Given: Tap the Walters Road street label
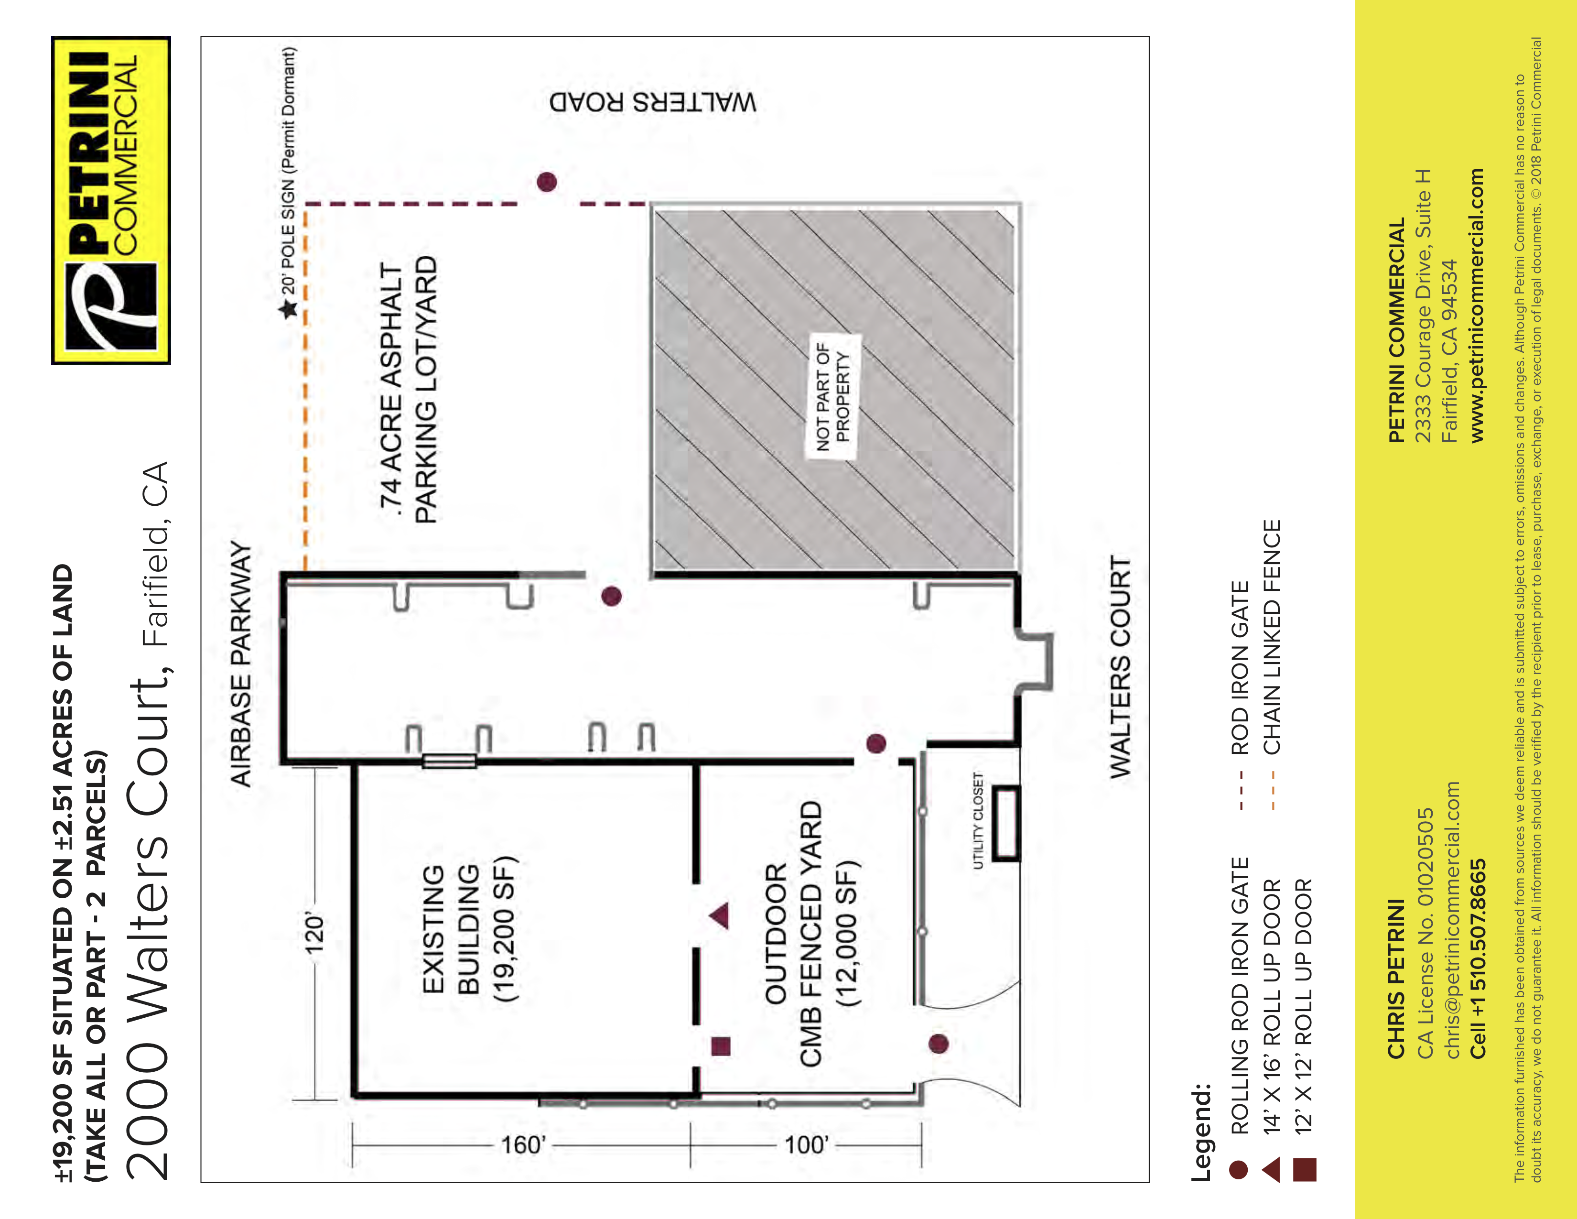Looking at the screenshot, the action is pyautogui.click(x=653, y=102).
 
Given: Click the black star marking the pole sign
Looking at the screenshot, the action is pyautogui.click(x=289, y=310).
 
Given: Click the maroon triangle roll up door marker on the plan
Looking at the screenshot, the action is pyautogui.click(x=719, y=916).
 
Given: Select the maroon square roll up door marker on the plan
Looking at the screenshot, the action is pyautogui.click(x=721, y=1045).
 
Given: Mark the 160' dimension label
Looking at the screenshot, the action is pyautogui.click(x=523, y=1145).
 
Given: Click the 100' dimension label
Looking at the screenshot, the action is pyautogui.click(x=807, y=1145).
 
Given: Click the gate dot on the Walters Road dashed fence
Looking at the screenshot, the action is pyautogui.click(x=547, y=181).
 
